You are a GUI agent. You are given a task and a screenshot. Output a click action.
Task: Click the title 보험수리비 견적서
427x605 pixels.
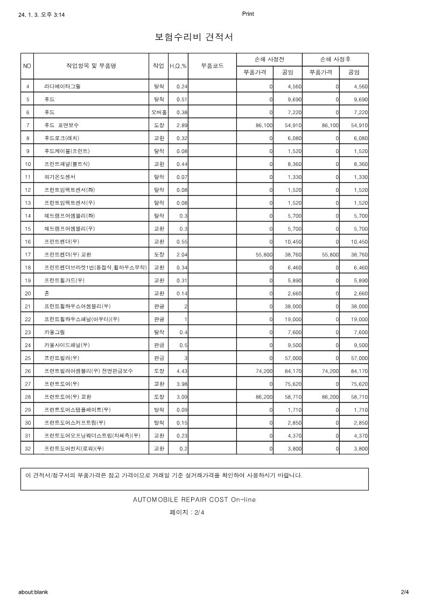(194, 37)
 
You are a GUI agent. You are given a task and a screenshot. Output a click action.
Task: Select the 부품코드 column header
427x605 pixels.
(212, 66)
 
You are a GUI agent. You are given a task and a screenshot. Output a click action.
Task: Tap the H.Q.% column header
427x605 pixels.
(178, 66)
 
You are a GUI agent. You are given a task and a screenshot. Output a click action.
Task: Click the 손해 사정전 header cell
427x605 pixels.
(269, 59)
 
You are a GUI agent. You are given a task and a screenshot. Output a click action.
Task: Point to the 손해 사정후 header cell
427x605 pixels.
(335, 59)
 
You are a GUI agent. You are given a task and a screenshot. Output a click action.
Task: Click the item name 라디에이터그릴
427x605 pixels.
(62, 86)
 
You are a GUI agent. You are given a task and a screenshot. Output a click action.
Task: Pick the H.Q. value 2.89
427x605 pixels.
(181, 125)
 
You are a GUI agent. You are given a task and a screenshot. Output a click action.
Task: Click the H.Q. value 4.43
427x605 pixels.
(181, 371)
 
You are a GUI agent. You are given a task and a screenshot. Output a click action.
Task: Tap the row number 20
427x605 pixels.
(27, 293)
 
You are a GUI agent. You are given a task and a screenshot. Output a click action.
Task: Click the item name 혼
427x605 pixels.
(47, 293)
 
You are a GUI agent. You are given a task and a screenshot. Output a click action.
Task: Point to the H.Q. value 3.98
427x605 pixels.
(181, 384)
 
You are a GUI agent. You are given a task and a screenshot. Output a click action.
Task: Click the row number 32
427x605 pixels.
(27, 448)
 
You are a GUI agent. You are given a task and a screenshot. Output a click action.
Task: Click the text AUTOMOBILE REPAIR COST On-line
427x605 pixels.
(194, 499)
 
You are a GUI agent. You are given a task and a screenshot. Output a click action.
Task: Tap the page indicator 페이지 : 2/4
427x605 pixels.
(187, 513)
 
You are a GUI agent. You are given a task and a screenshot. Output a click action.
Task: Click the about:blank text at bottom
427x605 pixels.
(33, 592)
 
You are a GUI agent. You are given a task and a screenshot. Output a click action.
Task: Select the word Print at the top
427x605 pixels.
(248, 14)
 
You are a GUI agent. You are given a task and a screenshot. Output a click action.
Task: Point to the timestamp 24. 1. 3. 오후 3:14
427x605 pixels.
(41, 16)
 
